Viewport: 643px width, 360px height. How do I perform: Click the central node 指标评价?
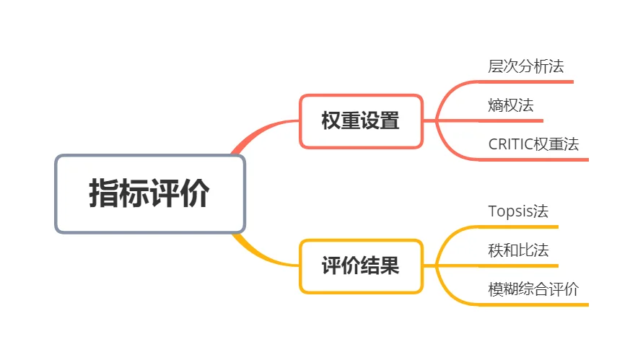150,193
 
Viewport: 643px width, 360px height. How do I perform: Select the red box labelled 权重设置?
361,121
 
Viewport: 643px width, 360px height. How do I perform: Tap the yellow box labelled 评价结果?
361,266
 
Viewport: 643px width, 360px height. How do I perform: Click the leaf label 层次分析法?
525,67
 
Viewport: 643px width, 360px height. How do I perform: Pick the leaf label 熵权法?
511,105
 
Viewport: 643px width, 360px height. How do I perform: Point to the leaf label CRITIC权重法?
533,144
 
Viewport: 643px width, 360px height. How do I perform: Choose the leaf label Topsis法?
518,211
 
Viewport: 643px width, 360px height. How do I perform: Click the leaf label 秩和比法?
518,250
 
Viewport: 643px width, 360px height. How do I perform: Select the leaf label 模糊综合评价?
533,290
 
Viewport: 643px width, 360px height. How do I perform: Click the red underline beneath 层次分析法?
530,82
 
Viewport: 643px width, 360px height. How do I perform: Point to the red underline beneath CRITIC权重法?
538,159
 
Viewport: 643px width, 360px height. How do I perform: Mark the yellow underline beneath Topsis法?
523,227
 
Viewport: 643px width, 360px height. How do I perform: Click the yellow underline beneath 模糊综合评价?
538,304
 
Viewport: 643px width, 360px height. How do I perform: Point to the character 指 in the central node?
103,193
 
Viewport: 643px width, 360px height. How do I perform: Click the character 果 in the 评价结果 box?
390,266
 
